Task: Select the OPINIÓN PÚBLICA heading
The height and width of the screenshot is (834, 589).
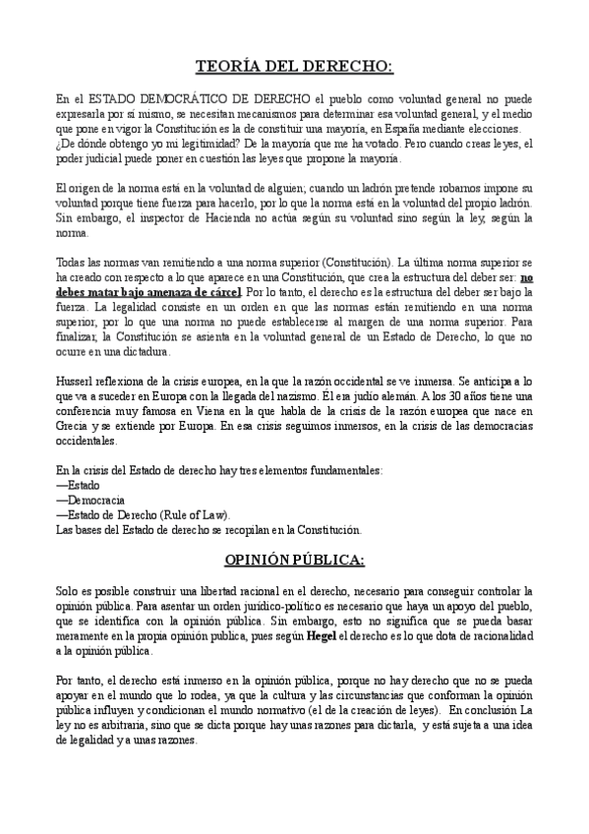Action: click(294, 560)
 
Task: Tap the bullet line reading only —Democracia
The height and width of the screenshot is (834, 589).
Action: click(84, 500)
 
